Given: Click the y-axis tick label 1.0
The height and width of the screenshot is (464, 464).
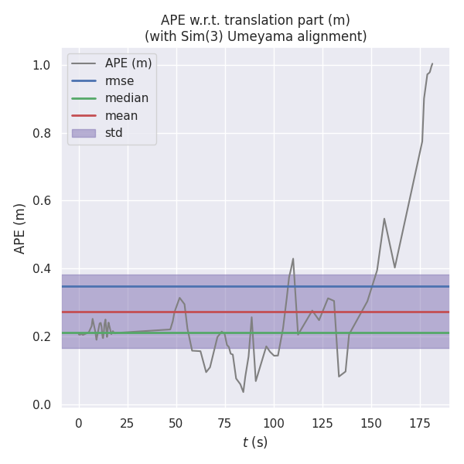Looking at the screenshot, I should (43, 65).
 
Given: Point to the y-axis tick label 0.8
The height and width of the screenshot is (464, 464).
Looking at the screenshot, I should (43, 133).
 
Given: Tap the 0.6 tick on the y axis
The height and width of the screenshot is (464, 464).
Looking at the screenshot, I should (43, 201).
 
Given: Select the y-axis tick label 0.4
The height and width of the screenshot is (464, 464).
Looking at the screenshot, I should (43, 268).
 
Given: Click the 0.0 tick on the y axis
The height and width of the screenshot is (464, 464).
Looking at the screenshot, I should (43, 404).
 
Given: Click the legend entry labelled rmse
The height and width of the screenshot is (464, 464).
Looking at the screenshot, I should (120, 80).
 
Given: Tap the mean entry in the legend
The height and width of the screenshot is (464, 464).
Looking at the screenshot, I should (121, 115).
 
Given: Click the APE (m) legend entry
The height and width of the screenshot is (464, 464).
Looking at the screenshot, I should (128, 63).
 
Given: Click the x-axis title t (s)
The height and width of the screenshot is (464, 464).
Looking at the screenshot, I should (255, 442).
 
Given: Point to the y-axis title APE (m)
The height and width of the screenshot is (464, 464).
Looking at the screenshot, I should (20, 228).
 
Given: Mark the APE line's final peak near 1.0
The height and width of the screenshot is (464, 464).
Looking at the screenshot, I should (432, 64).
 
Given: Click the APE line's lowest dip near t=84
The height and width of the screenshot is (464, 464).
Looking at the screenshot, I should (243, 391).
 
